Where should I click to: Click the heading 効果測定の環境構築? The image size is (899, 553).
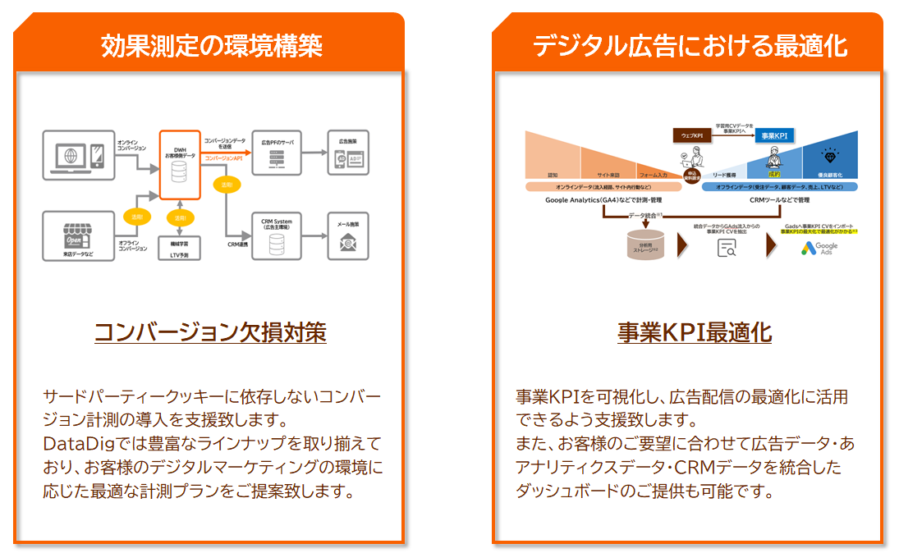click(x=211, y=45)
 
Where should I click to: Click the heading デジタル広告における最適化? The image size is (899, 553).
click(x=690, y=45)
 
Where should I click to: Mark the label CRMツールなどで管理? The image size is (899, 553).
click(x=780, y=199)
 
